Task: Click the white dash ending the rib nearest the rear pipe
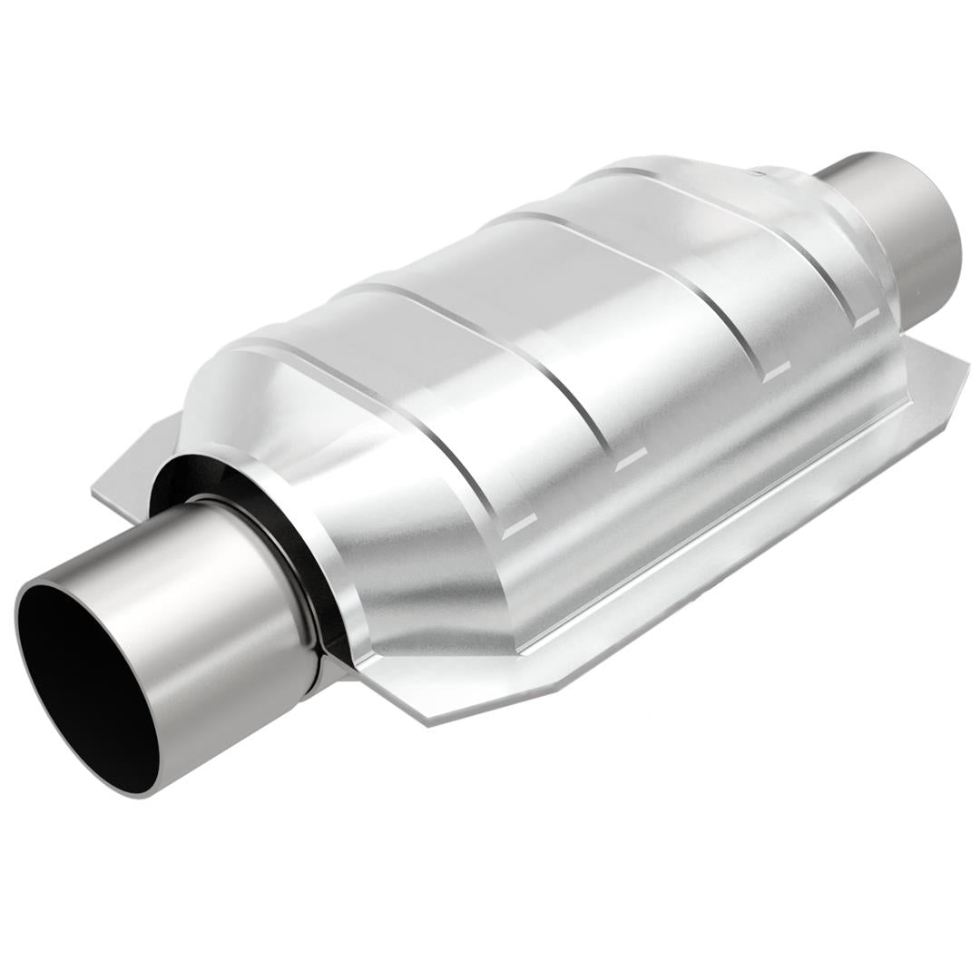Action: (x=867, y=317)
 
